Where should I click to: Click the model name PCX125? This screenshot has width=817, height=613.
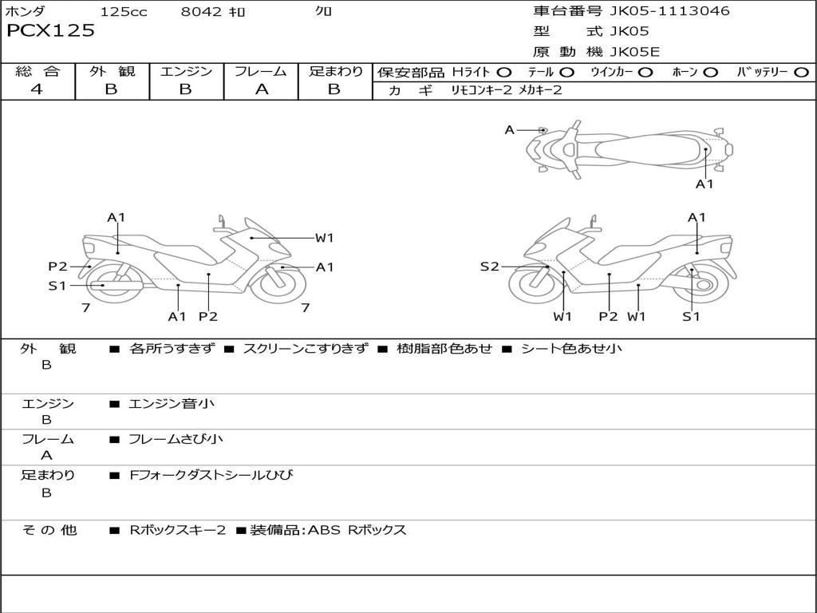tap(50, 30)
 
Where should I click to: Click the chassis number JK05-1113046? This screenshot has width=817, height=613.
tap(669, 11)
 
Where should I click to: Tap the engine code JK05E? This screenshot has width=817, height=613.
tap(634, 52)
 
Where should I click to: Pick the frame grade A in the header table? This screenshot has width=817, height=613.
tap(262, 89)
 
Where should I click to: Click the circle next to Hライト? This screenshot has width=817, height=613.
tap(504, 73)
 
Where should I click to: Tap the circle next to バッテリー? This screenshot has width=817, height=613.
tap(801, 73)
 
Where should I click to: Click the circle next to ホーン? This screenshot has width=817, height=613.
tap(711, 73)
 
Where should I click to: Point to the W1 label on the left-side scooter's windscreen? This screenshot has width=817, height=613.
tap(324, 238)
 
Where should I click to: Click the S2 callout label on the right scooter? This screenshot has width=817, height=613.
tap(489, 267)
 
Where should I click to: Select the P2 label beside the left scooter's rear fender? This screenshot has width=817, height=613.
tap(57, 267)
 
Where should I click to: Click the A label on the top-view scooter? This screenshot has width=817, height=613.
tap(510, 130)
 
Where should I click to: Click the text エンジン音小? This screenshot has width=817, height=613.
tap(172, 403)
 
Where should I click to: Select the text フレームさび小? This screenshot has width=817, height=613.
tap(176, 439)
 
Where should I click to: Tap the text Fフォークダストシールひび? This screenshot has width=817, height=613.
tap(211, 475)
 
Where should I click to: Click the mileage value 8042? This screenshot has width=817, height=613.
tap(201, 11)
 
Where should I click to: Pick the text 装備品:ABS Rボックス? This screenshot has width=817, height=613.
tap(328, 530)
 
